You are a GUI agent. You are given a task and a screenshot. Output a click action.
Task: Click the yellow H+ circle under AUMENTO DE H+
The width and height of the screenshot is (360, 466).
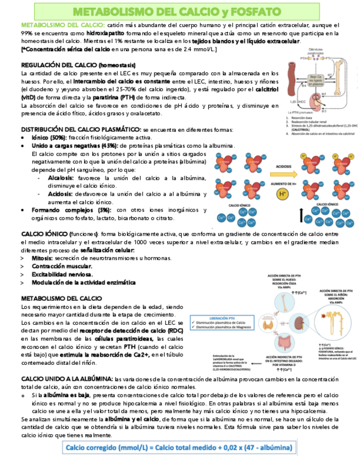pyautogui.click(x=283, y=194)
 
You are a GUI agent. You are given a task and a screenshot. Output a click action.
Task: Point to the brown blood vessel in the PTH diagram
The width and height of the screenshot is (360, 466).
pyautogui.click(x=292, y=77)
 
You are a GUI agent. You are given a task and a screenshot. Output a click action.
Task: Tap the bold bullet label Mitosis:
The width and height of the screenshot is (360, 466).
pyautogui.click(x=42, y=258)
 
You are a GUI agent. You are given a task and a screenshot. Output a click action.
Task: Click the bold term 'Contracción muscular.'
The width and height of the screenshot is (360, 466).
pyautogui.click(x=62, y=266)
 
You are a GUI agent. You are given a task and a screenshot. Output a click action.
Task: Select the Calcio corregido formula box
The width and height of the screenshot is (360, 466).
pyautogui.click(x=179, y=447)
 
